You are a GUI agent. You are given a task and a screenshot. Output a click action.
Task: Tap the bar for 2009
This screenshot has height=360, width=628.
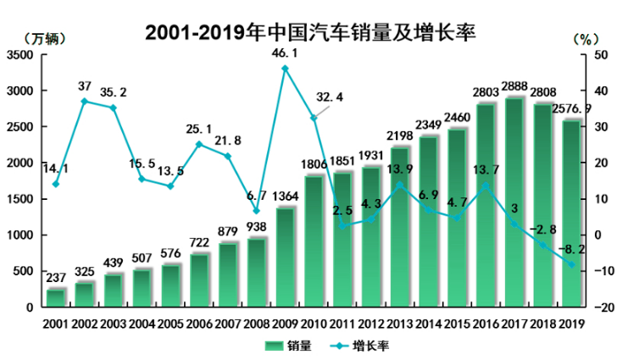point(285,258)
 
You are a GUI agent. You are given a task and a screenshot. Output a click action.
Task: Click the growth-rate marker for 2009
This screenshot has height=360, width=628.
point(285,68)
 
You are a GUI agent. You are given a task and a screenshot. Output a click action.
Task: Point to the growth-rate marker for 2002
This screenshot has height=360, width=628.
point(85,102)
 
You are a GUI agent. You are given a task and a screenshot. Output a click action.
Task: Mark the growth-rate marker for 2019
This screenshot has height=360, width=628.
point(571,264)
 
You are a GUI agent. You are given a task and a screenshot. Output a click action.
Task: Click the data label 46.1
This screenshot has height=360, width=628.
point(284,53)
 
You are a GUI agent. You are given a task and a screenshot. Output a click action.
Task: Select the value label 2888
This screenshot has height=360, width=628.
point(514,87)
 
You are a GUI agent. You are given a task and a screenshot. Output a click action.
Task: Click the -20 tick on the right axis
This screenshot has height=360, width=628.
point(604,308)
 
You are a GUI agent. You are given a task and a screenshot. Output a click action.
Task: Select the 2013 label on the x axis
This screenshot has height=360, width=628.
point(399,323)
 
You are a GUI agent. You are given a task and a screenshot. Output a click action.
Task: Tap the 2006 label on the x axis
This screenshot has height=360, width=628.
point(199,323)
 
